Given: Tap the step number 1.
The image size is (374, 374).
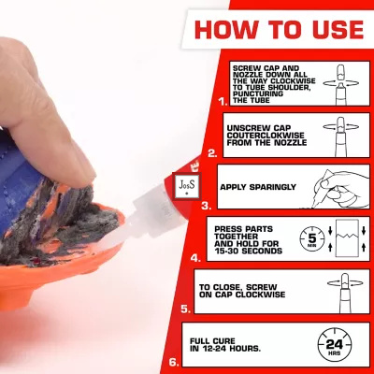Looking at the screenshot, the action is [223, 102].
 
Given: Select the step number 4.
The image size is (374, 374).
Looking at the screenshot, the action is [195, 258].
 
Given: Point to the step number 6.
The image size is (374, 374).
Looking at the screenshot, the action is [174, 363].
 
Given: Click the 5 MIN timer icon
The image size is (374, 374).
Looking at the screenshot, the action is [312, 240].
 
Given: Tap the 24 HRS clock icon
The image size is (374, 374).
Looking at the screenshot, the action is [335, 345].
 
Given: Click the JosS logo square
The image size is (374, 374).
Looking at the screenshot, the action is [187, 186].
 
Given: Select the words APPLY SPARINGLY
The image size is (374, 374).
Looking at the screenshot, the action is [258, 187].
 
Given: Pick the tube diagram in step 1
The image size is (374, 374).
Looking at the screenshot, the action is [341, 84].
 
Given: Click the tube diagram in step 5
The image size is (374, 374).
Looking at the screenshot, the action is [345, 293].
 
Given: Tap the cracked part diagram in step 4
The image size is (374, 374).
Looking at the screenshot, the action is [347, 238].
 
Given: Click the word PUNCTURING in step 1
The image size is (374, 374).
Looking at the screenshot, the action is [258, 93].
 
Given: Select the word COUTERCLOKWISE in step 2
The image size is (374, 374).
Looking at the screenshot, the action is [266, 136].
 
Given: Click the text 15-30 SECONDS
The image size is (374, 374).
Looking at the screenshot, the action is [248, 251].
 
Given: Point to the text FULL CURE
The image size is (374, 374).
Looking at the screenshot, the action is [212, 341].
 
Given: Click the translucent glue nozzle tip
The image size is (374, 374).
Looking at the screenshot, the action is [108, 245].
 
